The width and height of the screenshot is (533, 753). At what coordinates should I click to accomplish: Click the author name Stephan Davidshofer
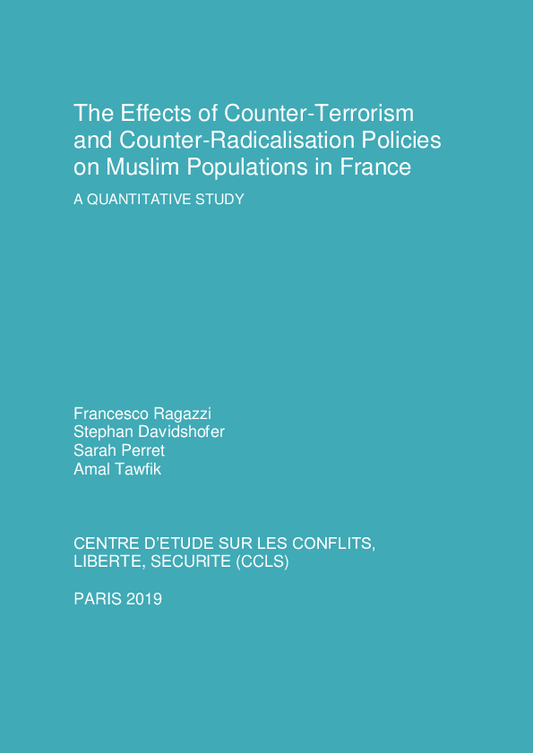[149, 432]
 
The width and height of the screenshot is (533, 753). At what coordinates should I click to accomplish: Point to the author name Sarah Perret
[119, 451]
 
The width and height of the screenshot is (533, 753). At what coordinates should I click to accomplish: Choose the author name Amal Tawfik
[117, 469]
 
